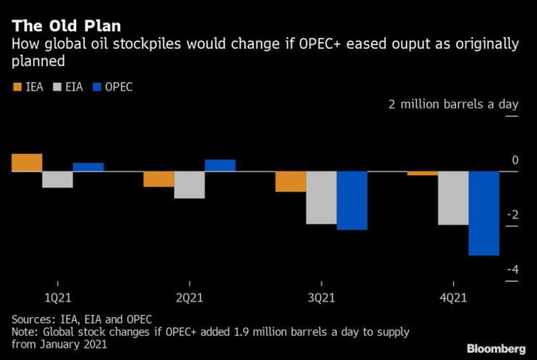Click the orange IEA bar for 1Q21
pyautogui.click(x=26, y=163)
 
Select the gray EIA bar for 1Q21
pyautogui.click(x=57, y=179)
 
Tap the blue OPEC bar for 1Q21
pyautogui.click(x=88, y=167)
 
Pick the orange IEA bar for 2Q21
pyautogui.click(x=158, y=179)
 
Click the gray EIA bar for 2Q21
pyautogui.click(x=189, y=184)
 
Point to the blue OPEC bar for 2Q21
pyautogui.click(x=220, y=165)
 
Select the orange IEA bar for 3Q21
pyautogui.click(x=290, y=181)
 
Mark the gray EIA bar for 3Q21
pyautogui.click(x=321, y=197)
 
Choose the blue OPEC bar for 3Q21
pyautogui.click(x=352, y=200)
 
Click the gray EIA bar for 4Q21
pyautogui.click(x=453, y=198)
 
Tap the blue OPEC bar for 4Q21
pyautogui.click(x=484, y=213)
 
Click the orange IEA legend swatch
pyautogui.click(x=17, y=87)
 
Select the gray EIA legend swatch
pyautogui.click(x=57, y=87)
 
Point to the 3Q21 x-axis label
pyautogui.click(x=321, y=298)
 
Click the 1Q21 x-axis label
pyautogui.click(x=57, y=298)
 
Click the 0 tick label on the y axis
pyautogui.click(x=515, y=160)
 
